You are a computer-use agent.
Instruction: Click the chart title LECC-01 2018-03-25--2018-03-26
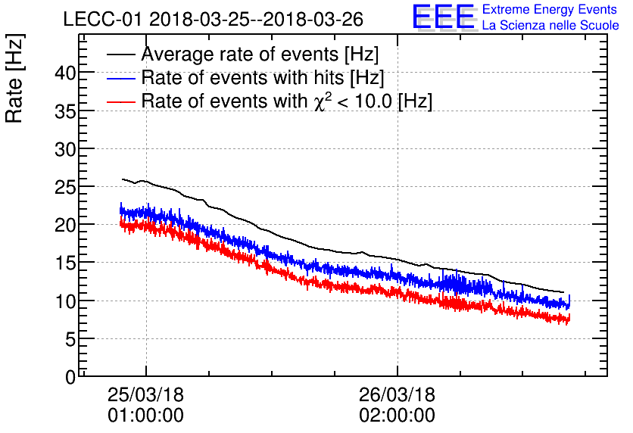pyautogui.click(x=213, y=19)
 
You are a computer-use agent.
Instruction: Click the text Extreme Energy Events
pyautogui.click(x=550, y=10)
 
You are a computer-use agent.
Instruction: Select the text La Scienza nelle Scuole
pyautogui.click(x=550, y=26)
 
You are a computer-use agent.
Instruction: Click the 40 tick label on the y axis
pyautogui.click(x=65, y=73)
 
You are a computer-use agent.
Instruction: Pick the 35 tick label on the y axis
pyautogui.click(x=65, y=111)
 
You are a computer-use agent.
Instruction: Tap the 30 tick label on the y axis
pyautogui.click(x=65, y=148)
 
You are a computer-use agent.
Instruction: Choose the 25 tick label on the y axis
pyautogui.click(x=65, y=187)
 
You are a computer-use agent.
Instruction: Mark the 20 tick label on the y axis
pyautogui.click(x=65, y=225)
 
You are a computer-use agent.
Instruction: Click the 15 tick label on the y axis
pyautogui.click(x=65, y=263)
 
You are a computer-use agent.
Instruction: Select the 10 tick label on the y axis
pyautogui.click(x=65, y=301)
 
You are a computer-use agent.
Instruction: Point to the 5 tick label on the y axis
pyautogui.click(x=70, y=338)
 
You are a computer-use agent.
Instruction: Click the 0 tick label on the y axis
pyautogui.click(x=70, y=376)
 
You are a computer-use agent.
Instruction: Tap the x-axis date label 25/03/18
pyautogui.click(x=146, y=395)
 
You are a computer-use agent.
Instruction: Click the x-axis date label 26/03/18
pyautogui.click(x=398, y=395)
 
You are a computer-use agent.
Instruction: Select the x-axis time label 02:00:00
pyautogui.click(x=398, y=416)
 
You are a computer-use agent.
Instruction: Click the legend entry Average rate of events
pyautogui.click(x=260, y=55)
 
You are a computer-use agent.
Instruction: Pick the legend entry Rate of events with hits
pyautogui.click(x=263, y=78)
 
